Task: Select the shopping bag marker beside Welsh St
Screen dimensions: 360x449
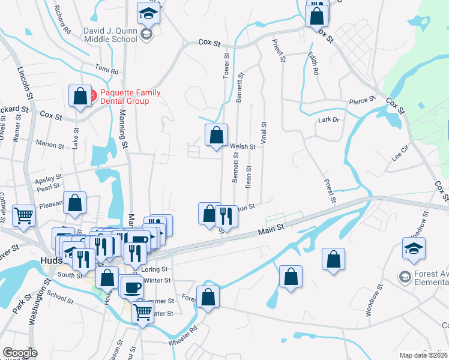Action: coord(216,135)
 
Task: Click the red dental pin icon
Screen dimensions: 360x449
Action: coord(93,94)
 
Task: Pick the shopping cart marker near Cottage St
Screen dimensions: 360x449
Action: coord(24,215)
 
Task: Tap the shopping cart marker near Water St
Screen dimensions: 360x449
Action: coord(142,311)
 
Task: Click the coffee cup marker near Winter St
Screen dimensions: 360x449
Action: coord(131,286)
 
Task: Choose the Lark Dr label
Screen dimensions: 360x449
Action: coord(328,120)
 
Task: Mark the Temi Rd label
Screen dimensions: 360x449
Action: coord(106,70)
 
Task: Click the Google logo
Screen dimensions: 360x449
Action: coord(20,353)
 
